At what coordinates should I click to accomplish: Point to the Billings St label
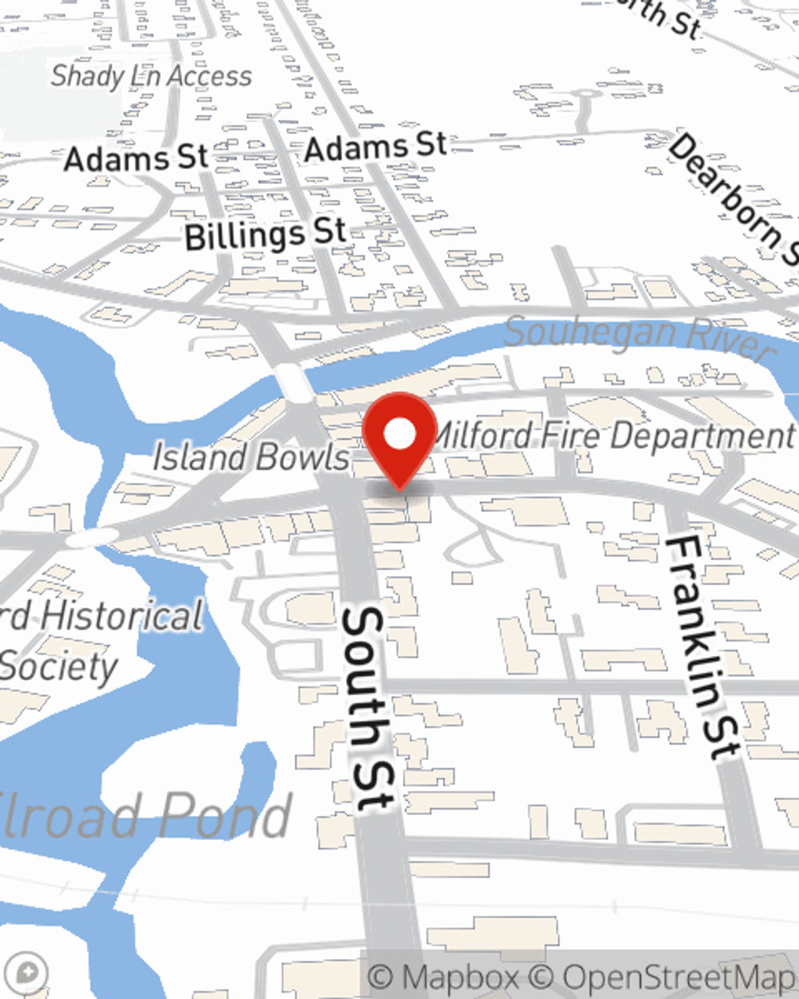(265, 234)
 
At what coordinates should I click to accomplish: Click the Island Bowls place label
(251, 458)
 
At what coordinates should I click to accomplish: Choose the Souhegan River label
(639, 336)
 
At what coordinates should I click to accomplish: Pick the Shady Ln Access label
(151, 76)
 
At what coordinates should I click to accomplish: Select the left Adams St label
(135, 157)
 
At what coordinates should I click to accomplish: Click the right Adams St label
(376, 147)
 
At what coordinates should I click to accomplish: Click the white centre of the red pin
(399, 435)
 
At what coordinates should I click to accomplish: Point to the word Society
(60, 667)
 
